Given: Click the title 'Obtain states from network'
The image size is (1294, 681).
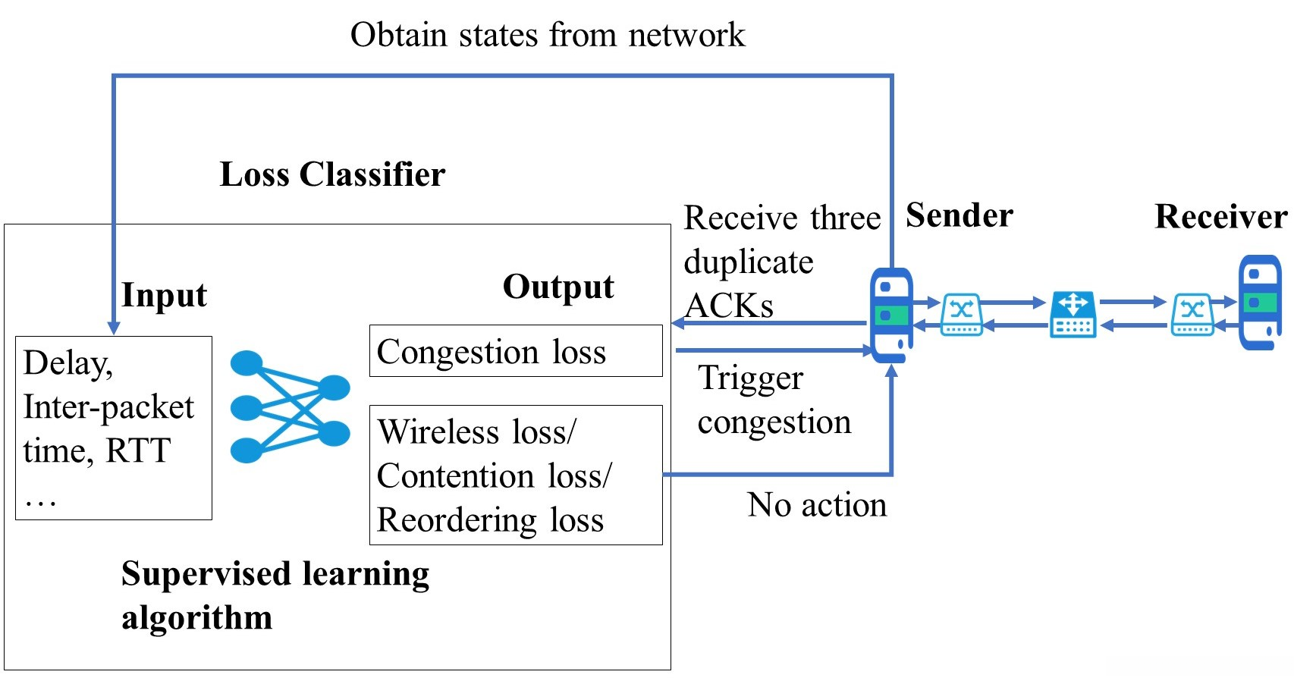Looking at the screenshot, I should pyautogui.click(x=547, y=35).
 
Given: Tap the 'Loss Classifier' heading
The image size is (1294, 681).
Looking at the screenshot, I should pyautogui.click(x=332, y=174).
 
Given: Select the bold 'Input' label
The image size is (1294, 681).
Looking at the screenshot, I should pyautogui.click(x=164, y=295).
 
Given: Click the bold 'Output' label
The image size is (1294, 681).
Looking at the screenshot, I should pyautogui.click(x=558, y=287).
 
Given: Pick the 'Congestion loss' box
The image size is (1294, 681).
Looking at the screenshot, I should pyautogui.click(x=515, y=351).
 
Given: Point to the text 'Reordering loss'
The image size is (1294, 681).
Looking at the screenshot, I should pyautogui.click(x=490, y=520).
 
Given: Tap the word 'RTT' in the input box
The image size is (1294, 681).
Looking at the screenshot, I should pyautogui.click(x=138, y=450).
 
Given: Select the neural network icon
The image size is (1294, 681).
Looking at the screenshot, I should pyautogui.click(x=290, y=406).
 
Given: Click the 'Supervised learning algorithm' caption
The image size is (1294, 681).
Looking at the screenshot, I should pyautogui.click(x=274, y=595).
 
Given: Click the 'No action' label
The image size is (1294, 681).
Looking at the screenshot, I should pyautogui.click(x=816, y=505).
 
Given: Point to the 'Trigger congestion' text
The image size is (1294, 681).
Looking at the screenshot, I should pyautogui.click(x=774, y=400).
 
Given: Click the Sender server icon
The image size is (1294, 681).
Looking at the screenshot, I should pyautogui.click(x=890, y=314).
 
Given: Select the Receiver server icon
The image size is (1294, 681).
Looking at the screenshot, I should pyautogui.click(x=1259, y=302).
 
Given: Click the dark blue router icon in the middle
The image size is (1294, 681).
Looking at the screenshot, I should pyautogui.click(x=1073, y=314).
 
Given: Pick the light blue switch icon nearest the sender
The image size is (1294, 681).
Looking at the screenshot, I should pyautogui.click(x=961, y=314).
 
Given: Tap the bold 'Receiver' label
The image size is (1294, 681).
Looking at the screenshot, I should pyautogui.click(x=1220, y=217).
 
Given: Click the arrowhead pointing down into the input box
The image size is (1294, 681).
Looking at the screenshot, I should pyautogui.click(x=114, y=328).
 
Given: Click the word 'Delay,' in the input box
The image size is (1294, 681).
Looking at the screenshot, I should pyautogui.click(x=68, y=363).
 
